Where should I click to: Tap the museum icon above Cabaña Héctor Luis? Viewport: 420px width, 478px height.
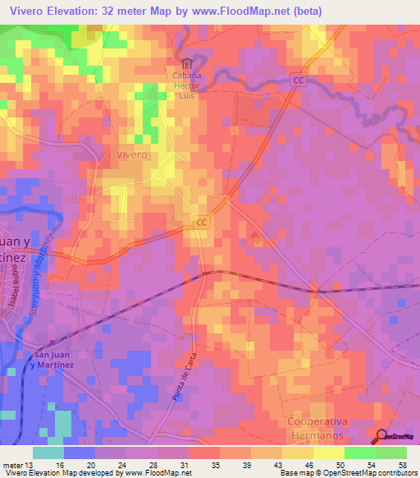(x=187, y=63)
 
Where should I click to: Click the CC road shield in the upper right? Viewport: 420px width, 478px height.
(x=299, y=80)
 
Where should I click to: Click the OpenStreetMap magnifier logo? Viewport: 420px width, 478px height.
(x=382, y=436)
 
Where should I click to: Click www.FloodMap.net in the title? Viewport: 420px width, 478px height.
(x=243, y=11)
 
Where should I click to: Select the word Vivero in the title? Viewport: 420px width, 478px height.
(x=25, y=11)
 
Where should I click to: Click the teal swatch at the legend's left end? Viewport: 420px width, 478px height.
(x=48, y=453)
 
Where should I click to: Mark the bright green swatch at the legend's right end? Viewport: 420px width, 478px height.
(x=391, y=453)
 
